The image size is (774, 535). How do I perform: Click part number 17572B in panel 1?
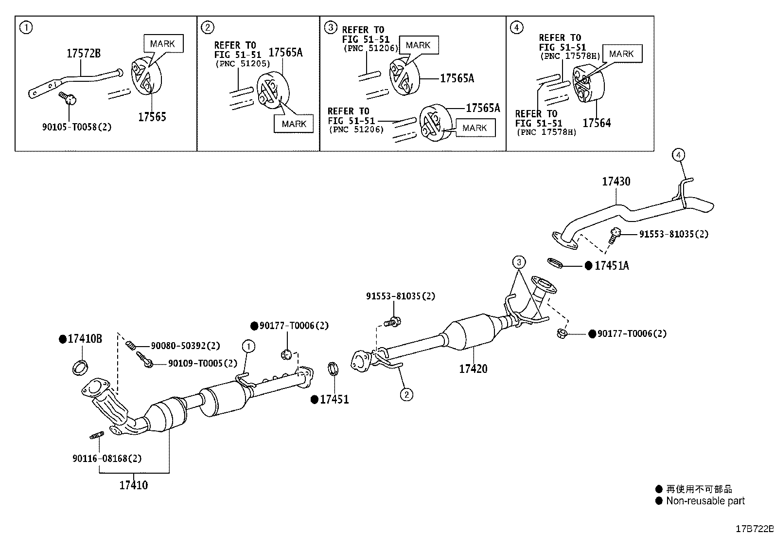84,53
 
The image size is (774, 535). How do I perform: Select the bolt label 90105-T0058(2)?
77,127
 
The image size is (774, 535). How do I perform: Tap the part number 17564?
597,123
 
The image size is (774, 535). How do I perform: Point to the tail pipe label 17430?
616,181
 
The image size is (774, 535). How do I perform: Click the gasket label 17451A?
612,265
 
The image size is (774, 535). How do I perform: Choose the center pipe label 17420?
473,369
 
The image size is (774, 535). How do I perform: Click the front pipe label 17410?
133,485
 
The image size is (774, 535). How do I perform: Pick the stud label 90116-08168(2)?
107,459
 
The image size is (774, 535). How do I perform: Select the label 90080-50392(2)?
185,346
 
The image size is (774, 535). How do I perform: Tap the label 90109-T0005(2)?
203,363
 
